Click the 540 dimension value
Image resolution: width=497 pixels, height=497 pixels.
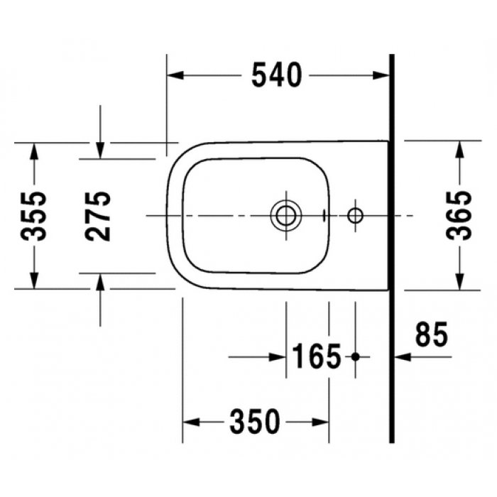pyautogui.click(x=277, y=75)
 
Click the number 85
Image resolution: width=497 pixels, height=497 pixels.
pyautogui.click(x=432, y=334)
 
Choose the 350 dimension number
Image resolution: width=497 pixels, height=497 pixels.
pyautogui.click(x=255, y=422)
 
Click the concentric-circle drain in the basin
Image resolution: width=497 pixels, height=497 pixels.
pyautogui.click(x=285, y=214)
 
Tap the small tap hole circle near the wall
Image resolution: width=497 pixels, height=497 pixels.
pyautogui.click(x=355, y=214)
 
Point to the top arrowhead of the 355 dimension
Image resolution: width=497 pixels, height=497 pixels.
pyautogui.click(x=33, y=150)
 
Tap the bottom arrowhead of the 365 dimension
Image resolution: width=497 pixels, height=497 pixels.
pyautogui.click(x=460, y=282)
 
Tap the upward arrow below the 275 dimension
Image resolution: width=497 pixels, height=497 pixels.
pyautogui.click(x=100, y=281)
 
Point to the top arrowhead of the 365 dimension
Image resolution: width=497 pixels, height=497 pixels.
pyautogui.click(x=460, y=148)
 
